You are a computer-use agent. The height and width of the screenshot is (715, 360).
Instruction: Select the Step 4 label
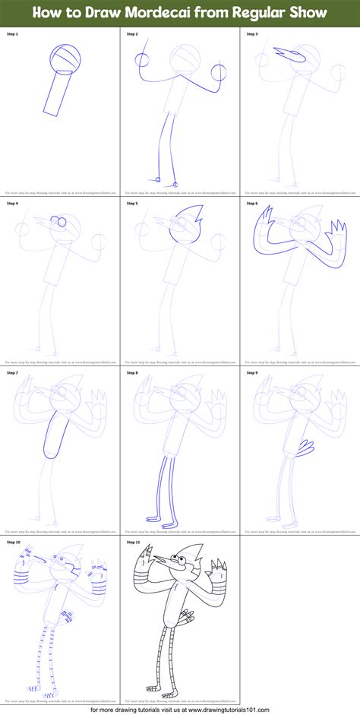[x=13, y=203]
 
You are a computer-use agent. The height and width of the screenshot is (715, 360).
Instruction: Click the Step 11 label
[x=134, y=542]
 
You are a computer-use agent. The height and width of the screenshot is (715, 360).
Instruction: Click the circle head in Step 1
[x=66, y=58]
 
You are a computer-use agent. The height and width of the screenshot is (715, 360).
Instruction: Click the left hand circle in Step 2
[x=142, y=62]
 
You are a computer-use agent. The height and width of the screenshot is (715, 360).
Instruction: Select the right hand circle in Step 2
[x=219, y=73]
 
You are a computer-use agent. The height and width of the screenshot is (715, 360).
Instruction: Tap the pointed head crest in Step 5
[x=188, y=214]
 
